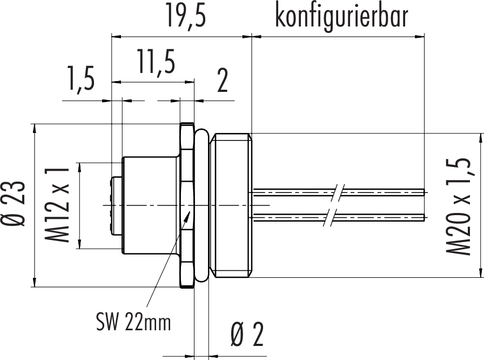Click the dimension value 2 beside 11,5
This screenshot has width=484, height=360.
click(x=221, y=80)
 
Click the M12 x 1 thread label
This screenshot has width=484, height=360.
click(x=60, y=205)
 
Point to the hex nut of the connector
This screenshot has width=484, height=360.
click(x=186, y=205)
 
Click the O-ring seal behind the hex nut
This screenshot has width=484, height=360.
click(x=202, y=205)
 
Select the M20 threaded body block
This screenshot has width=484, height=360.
click(x=232, y=205)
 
